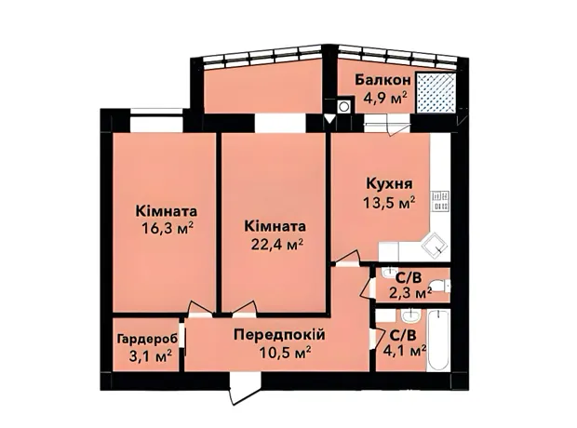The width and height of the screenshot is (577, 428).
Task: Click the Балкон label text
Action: click(x=382, y=80)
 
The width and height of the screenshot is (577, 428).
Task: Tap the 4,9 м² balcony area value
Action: click(x=385, y=99)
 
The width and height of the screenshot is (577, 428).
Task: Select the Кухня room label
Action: click(x=389, y=184)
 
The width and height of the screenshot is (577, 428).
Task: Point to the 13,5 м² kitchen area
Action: click(x=389, y=202)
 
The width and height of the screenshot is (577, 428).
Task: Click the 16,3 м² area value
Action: click(x=168, y=229)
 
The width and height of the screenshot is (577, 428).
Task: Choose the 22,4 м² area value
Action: click(x=277, y=244)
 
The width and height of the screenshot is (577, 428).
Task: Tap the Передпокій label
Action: click(x=280, y=335)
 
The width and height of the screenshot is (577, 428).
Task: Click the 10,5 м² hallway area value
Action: click(x=285, y=353)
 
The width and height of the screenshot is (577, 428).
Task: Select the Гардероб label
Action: click(x=148, y=339)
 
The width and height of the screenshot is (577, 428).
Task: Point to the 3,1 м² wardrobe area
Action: click(x=150, y=356)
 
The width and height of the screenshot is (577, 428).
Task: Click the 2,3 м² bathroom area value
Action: click(x=409, y=293)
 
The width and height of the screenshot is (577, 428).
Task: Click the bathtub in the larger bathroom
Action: click(x=438, y=340)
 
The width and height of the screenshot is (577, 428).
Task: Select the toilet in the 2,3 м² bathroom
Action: click(x=441, y=286)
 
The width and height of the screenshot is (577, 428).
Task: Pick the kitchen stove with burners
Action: click(x=441, y=201)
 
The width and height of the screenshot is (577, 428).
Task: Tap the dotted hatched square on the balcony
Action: click(x=436, y=93)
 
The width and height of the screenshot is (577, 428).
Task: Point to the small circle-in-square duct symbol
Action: click(x=344, y=106)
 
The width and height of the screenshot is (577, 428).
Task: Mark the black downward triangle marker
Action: click(x=330, y=119)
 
